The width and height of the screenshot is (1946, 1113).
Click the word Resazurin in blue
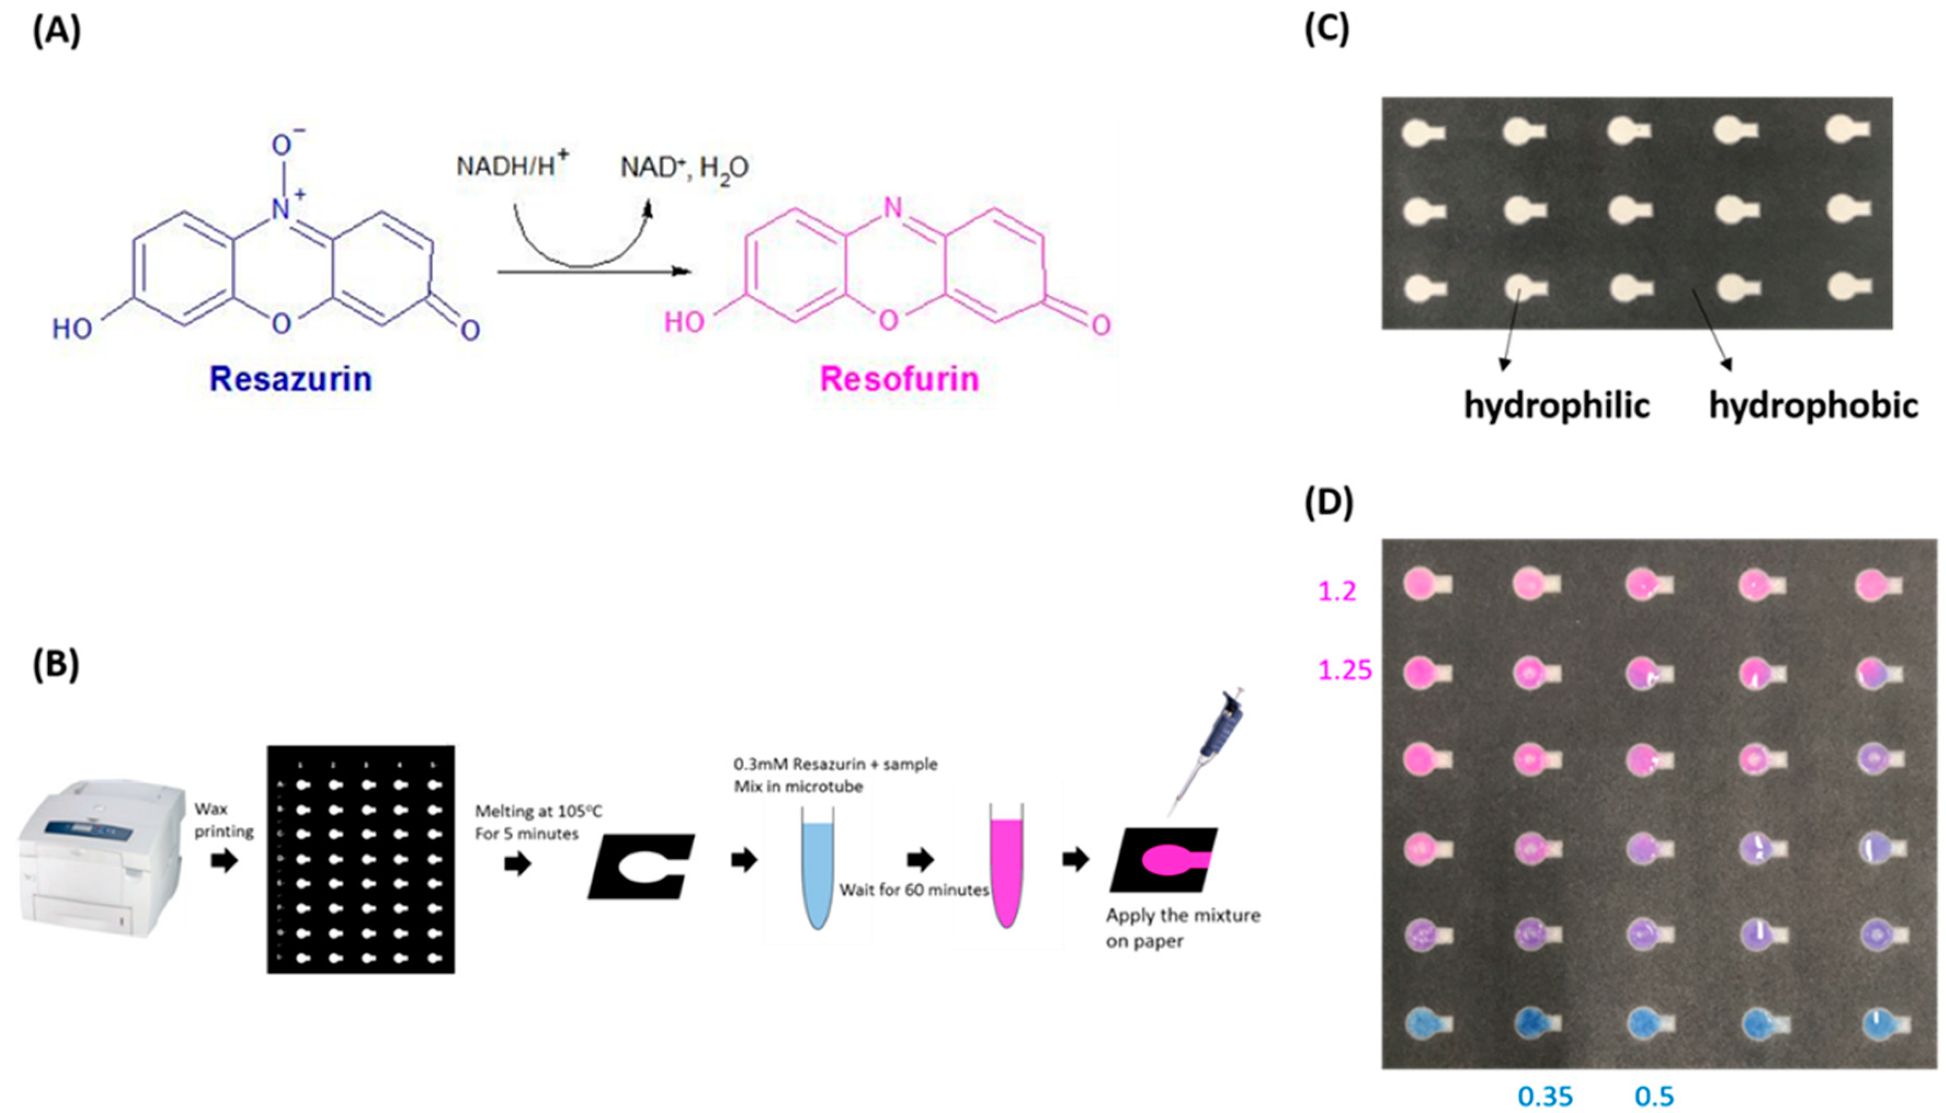point(290,379)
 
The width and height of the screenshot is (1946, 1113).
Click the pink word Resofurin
point(899,379)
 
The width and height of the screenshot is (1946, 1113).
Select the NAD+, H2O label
point(683,168)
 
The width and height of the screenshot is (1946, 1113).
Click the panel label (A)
point(56,32)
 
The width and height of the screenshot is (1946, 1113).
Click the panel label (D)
point(1328,503)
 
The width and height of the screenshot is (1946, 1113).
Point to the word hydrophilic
point(1556,405)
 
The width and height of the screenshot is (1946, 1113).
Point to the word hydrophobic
point(1813,405)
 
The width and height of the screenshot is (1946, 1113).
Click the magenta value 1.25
point(1345,670)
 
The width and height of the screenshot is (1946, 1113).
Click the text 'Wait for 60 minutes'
point(914,890)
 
